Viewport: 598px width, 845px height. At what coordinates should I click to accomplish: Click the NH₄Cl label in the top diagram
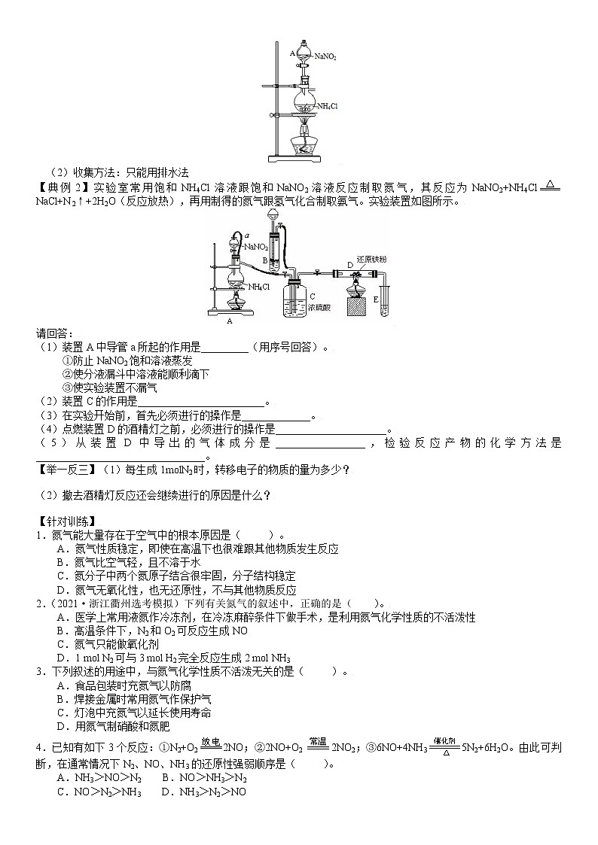327,107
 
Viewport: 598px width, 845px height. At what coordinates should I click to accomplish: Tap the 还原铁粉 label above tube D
372,260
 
